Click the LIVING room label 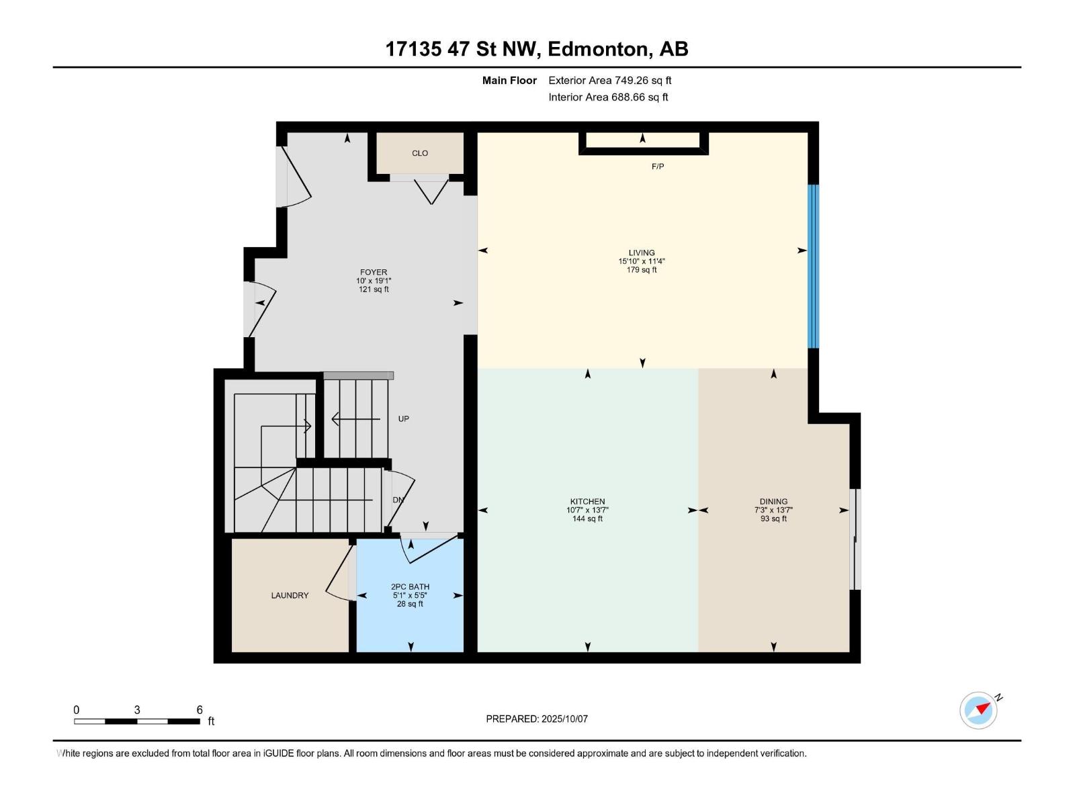point(641,253)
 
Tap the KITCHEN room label point(587,501)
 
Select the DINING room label point(773,501)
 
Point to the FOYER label point(373,272)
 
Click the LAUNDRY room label point(290,595)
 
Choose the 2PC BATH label point(410,586)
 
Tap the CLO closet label point(420,153)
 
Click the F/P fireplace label point(657,167)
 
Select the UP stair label point(403,418)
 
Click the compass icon point(978,710)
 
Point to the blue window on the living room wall point(813,266)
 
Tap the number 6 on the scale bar point(200,709)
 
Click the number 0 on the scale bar point(77,709)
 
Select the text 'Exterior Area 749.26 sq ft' point(610,80)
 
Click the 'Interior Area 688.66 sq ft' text point(608,97)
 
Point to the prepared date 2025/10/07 point(564,719)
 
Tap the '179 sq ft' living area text point(641,269)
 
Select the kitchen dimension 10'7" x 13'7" point(587,510)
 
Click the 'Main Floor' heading point(509,80)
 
